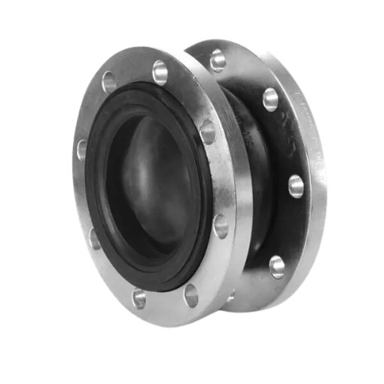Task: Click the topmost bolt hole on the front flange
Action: coord(160,72)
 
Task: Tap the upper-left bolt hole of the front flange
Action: coord(109,81)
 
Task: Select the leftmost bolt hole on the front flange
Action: coord(81,148)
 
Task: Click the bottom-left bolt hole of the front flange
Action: coord(139,298)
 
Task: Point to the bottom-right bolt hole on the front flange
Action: coord(191,295)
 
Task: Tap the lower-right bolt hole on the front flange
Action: coord(220,225)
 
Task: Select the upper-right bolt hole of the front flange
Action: coord(207,132)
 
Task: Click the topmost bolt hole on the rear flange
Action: coord(218,60)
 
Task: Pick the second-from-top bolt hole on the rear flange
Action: coord(270,99)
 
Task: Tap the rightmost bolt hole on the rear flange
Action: coord(296,186)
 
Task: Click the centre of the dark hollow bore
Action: coord(147,184)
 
